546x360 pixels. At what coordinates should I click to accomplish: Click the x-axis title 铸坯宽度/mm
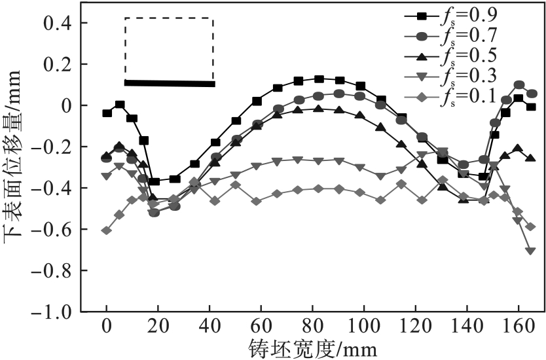pyautogui.click(x=313, y=347)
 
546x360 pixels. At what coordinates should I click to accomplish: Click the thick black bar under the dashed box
pyautogui.click(x=170, y=83)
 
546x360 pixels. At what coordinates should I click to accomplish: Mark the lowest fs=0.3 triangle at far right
pyautogui.click(x=530, y=251)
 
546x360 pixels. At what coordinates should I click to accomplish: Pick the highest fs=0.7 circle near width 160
pyautogui.click(x=519, y=85)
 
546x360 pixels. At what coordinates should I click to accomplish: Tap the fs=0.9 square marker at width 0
pyautogui.click(x=107, y=113)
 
